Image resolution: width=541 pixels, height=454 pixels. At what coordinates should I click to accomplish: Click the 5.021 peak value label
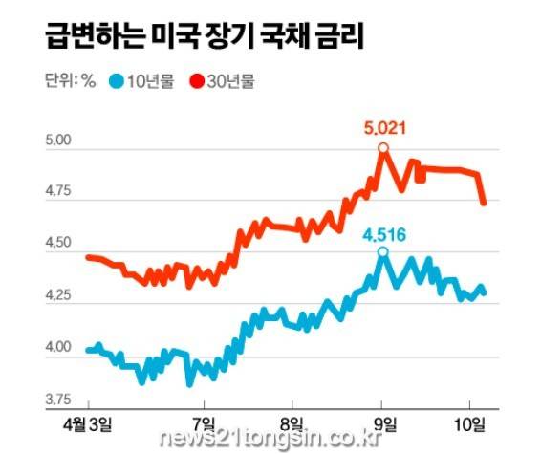pyautogui.click(x=384, y=129)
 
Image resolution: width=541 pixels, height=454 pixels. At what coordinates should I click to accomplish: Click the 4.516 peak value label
pyautogui.click(x=384, y=235)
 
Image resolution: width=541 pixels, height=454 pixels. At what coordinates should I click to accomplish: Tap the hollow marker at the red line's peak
pyautogui.click(x=383, y=148)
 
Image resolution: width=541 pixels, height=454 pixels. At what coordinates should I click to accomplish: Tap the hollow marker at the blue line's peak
pyautogui.click(x=382, y=252)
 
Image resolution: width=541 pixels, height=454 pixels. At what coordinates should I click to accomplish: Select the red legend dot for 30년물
pyautogui.click(x=197, y=81)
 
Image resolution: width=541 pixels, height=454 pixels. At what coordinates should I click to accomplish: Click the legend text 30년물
pyautogui.click(x=231, y=81)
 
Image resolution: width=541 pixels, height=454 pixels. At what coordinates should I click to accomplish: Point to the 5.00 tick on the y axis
pyautogui.click(x=58, y=141)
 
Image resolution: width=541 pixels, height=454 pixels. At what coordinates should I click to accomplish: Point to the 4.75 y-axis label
pyautogui.click(x=58, y=191)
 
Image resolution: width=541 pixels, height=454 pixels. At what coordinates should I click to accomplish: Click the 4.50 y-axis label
pyautogui.click(x=58, y=242)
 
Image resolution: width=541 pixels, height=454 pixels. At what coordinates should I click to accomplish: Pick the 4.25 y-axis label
pyautogui.click(x=58, y=295)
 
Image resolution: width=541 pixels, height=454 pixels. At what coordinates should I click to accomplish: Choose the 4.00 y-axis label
pyautogui.click(x=58, y=347)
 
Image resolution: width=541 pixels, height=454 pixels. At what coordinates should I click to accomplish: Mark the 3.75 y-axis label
pyautogui.click(x=58, y=400)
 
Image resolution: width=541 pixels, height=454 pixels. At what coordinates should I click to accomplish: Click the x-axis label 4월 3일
pyautogui.click(x=88, y=424)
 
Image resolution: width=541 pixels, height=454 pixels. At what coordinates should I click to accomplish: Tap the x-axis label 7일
pyautogui.click(x=205, y=424)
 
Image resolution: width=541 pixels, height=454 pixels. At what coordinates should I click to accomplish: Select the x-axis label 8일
pyautogui.click(x=292, y=424)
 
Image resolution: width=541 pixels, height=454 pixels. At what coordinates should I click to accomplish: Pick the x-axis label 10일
pyautogui.click(x=470, y=424)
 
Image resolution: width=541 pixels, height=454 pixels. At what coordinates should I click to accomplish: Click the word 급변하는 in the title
pyautogui.click(x=95, y=36)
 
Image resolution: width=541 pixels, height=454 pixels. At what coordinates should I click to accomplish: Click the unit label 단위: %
pyautogui.click(x=71, y=81)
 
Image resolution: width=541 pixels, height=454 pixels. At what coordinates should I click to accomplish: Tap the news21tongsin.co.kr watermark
pyautogui.click(x=271, y=439)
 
